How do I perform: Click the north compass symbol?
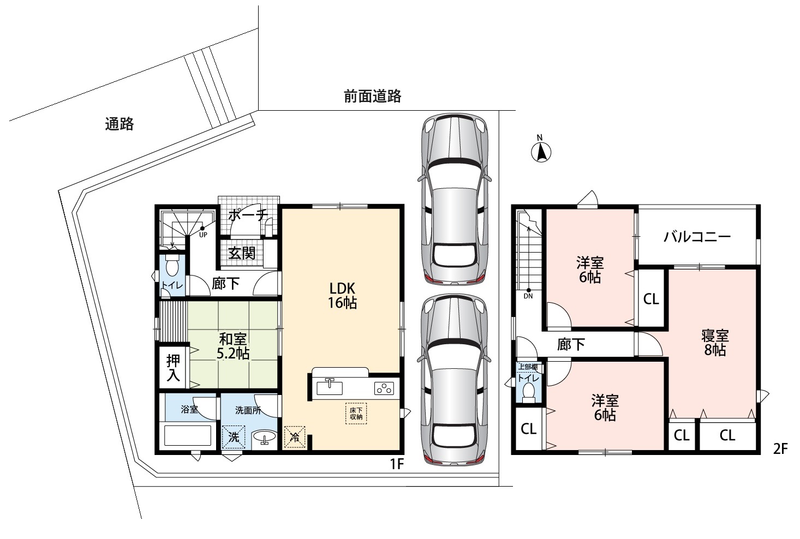541,150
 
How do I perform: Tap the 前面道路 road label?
373,97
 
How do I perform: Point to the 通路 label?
120,124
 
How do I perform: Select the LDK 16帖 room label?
342,295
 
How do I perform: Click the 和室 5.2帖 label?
233,346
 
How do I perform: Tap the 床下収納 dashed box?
356,414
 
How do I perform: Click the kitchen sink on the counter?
330,388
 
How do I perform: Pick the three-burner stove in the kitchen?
384,388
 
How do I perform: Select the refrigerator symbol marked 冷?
295,436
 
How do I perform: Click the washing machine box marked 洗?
234,437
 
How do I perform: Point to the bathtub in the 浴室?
188,435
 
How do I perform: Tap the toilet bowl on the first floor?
172,265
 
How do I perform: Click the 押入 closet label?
173,368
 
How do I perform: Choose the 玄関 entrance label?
242,254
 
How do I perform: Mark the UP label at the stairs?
203,235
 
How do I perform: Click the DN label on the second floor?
528,296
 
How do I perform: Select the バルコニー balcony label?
697,237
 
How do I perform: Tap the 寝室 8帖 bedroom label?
715,343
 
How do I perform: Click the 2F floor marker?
780,449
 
